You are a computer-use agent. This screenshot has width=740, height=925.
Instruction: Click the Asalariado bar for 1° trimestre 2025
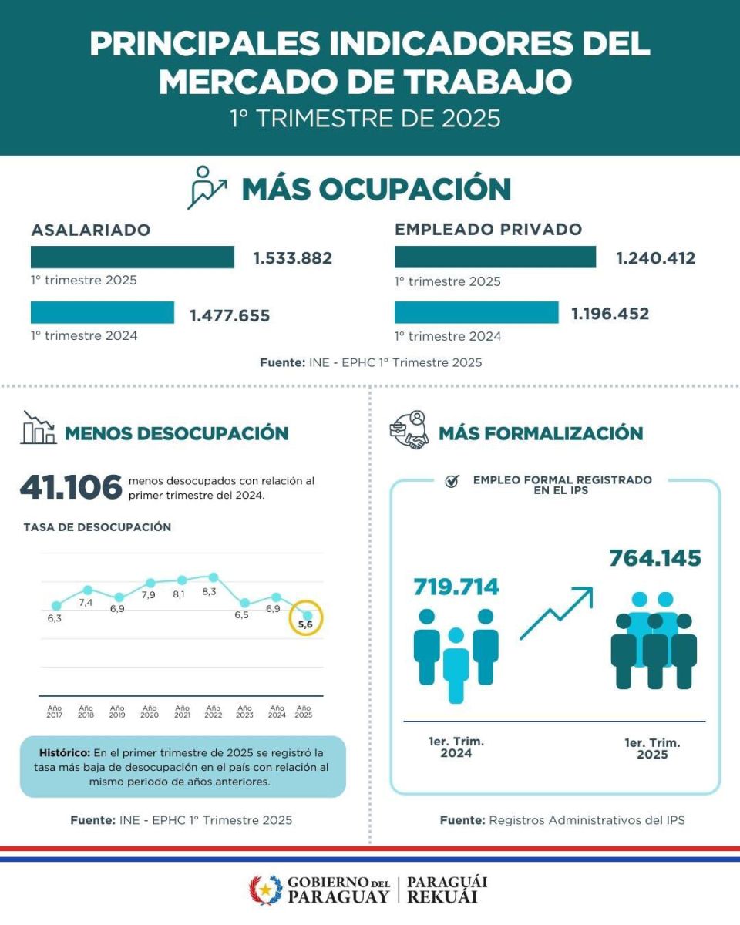click(133, 257)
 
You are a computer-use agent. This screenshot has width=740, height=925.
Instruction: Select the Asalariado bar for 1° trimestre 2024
click(103, 312)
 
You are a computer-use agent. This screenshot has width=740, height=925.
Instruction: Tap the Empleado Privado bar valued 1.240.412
click(495, 257)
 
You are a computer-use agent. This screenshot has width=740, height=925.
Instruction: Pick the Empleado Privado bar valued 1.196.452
click(476, 312)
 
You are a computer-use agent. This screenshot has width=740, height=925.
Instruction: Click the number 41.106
click(71, 487)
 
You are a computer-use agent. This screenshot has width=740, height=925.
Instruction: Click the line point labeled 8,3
click(214, 577)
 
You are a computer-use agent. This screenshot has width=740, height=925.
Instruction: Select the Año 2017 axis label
click(55, 711)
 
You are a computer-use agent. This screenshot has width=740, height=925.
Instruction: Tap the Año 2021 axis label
click(182, 711)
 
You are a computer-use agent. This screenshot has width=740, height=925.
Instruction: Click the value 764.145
click(655, 557)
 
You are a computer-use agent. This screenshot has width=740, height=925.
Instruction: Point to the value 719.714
click(456, 587)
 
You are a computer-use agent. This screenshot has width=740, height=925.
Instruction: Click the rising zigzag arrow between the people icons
click(557, 613)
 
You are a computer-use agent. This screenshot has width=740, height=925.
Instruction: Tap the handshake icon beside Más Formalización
click(409, 432)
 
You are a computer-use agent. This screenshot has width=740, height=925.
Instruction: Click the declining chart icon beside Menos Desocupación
click(39, 428)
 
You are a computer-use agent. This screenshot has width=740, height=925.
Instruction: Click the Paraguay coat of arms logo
click(265, 890)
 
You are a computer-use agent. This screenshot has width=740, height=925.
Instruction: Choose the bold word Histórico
click(65, 752)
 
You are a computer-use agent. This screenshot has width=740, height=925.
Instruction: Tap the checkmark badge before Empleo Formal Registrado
click(452, 481)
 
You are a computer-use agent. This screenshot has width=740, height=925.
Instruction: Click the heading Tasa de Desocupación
click(97, 527)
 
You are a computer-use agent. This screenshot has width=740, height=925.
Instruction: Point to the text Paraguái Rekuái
click(447, 890)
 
